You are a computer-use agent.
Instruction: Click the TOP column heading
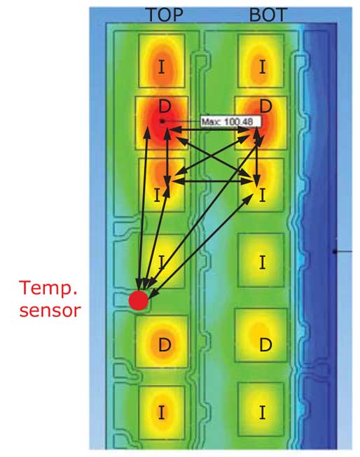[165, 15]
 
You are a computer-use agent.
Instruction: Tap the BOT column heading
[268, 15]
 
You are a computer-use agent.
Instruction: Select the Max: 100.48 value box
[230, 122]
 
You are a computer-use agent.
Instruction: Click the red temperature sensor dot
[139, 300]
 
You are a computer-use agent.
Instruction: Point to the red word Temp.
[48, 288]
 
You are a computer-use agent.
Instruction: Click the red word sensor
[50, 311]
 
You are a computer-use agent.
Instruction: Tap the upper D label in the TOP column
[165, 106]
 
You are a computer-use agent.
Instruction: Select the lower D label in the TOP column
[165, 345]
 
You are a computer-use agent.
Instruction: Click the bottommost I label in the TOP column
[161, 412]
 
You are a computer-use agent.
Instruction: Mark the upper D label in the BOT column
[265, 106]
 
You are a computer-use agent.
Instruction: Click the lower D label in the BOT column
[265, 345]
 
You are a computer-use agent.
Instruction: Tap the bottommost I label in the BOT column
[262, 412]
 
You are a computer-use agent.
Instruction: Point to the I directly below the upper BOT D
[262, 195]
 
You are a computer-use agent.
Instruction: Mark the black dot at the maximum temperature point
[162, 121]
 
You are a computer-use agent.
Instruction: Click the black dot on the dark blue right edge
[334, 251]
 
